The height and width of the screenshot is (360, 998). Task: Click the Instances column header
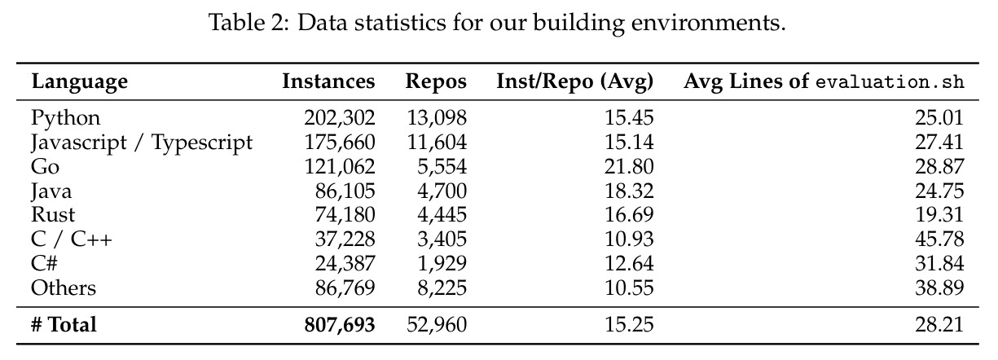(328, 81)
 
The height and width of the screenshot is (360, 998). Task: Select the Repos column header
(436, 81)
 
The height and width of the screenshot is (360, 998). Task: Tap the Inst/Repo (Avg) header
(574, 81)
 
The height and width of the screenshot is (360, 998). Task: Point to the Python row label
(65, 118)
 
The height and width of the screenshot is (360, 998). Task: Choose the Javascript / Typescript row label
(142, 143)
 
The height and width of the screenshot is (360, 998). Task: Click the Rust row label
(53, 215)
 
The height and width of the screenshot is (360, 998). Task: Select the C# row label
(44, 263)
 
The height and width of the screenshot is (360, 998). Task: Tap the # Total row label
(64, 324)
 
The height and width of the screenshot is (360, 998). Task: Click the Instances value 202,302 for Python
(340, 118)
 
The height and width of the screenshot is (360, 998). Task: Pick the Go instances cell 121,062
(340, 167)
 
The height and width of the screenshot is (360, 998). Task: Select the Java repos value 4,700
(442, 191)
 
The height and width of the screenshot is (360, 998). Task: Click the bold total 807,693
(340, 325)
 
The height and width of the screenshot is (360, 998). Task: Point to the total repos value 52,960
(437, 325)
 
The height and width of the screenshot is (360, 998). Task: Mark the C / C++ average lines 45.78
(939, 239)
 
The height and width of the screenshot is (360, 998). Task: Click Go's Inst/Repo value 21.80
(629, 167)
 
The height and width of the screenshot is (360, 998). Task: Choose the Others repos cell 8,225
(442, 288)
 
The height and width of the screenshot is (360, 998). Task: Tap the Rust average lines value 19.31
(939, 215)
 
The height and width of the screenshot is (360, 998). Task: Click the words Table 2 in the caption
(249, 23)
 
